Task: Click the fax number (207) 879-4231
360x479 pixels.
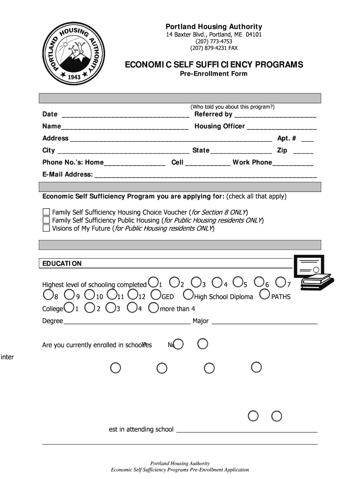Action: coord(214,48)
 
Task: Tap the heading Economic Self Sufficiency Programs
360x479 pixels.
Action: coord(214,65)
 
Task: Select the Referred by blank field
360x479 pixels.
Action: coord(275,115)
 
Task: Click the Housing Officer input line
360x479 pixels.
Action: coord(281,127)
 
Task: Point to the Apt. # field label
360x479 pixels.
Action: coord(287,138)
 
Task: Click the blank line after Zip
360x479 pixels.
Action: coord(303,151)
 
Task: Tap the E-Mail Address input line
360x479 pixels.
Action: coord(205,175)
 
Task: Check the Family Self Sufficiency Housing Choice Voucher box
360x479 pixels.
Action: coord(46,212)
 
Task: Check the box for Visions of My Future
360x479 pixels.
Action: coord(46,228)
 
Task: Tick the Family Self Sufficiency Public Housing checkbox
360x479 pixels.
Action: coord(46,220)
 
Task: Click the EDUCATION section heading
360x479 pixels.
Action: coord(62,264)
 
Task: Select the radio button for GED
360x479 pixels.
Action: coord(156,295)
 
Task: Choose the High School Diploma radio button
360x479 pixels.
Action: coord(188,295)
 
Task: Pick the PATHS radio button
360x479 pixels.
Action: coord(264,295)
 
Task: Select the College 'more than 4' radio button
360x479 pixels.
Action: coord(153,308)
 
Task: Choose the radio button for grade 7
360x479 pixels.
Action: coord(281,282)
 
